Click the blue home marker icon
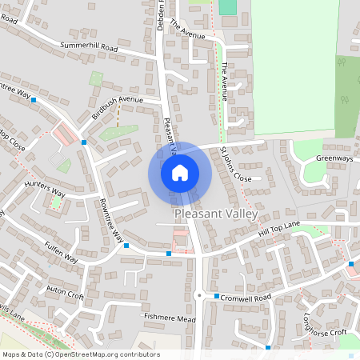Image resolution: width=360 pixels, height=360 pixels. [x=180, y=173]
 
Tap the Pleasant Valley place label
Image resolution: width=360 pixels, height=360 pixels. [x=216, y=215]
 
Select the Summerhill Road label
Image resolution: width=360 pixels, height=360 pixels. [x=89, y=48]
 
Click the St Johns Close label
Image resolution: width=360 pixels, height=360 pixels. [x=236, y=164]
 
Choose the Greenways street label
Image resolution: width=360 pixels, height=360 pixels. [x=334, y=158]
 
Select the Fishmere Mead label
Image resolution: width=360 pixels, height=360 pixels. [x=169, y=318]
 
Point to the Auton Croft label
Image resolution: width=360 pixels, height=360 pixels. [x=65, y=292]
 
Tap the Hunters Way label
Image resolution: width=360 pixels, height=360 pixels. [x=44, y=190]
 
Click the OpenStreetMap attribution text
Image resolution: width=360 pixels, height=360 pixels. [x=81, y=354]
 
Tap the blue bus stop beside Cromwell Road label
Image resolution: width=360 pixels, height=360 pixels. [x=216, y=296]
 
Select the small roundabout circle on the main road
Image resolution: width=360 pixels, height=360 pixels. [x=198, y=294]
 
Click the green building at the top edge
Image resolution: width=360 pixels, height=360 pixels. [x=228, y=6]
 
